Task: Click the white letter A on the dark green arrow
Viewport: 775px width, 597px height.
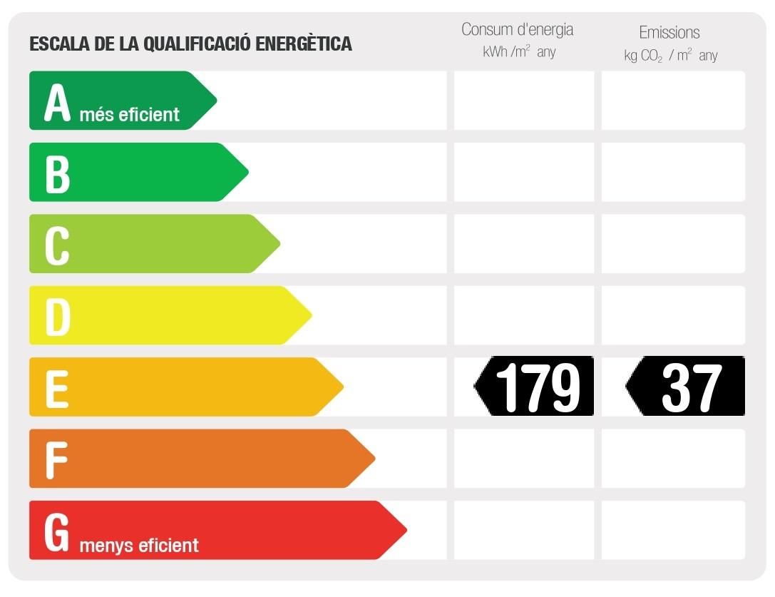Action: coord(58,103)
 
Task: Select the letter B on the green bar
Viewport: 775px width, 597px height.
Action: coord(58,174)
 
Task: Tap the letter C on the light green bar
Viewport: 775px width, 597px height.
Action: coord(57,245)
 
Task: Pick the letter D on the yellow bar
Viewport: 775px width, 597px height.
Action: coord(58,317)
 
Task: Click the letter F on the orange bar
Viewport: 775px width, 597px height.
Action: coord(56,460)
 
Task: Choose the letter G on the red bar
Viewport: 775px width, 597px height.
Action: coord(57,532)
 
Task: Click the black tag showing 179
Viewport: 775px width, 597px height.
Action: coord(535,387)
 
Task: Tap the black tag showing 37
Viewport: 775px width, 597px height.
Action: coord(686,387)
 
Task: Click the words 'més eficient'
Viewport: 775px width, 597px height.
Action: coord(130,114)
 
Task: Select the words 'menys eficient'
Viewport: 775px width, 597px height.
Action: coord(139,546)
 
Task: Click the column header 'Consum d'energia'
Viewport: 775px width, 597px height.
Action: coord(518,30)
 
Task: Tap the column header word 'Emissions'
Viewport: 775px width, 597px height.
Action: coord(669,32)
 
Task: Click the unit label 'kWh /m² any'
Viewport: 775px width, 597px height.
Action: coord(518,52)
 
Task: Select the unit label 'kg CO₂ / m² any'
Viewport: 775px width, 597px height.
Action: coord(670,56)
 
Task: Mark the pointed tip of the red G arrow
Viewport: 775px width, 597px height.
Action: coord(406,530)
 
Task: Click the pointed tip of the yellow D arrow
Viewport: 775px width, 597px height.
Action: coord(311,315)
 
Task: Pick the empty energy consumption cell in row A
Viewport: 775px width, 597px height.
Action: coord(524,101)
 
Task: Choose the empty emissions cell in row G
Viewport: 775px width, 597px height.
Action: coord(673,530)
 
